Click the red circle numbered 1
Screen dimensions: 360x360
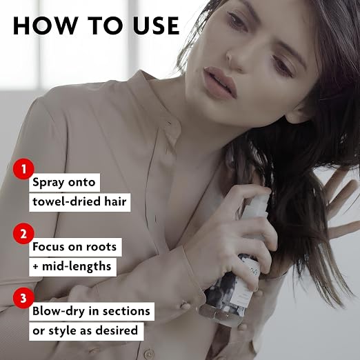tap(23, 169)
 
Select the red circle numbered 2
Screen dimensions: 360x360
tap(23, 234)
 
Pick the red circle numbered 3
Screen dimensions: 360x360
tap(23, 298)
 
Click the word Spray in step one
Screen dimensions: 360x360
tap(48, 183)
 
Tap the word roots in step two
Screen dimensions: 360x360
tap(101, 247)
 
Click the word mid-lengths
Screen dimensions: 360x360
tap(77, 267)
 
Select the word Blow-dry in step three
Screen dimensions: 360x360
tap(59, 312)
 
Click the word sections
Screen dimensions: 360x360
tap(126, 311)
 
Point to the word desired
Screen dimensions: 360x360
tap(117, 330)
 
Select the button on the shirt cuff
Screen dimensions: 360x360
tap(185, 306)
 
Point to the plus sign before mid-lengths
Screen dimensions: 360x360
tap(35, 267)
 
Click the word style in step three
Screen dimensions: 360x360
tap(62, 331)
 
